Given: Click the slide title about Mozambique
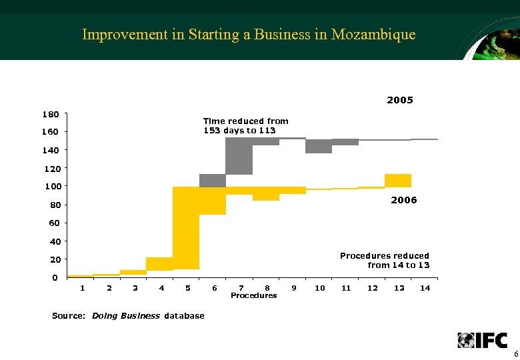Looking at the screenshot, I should (x=249, y=35).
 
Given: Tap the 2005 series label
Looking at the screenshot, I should (x=400, y=100).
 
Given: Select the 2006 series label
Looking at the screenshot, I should (x=404, y=200).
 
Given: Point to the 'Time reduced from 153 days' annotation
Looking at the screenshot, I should (x=245, y=125).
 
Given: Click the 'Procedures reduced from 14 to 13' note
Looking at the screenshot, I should (x=385, y=260).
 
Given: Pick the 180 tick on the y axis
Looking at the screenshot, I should (x=53, y=114).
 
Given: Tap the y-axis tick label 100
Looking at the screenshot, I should (x=53, y=186).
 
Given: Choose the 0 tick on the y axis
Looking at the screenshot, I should (x=55, y=277).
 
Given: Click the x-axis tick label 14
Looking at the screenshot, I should (x=425, y=288).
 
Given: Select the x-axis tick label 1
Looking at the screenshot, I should (x=82, y=288).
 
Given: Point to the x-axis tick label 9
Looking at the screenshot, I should (x=294, y=288).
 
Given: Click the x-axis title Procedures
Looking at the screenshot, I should (x=253, y=295).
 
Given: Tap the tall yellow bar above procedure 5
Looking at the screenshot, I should (x=186, y=227).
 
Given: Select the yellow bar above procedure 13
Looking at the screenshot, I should (x=397, y=180).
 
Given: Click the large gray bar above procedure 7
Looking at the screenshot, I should (x=239, y=156).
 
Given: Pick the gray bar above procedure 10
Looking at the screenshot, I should (x=319, y=146).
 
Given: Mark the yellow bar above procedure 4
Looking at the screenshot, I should (x=159, y=263).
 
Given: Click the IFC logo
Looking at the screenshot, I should (x=482, y=340).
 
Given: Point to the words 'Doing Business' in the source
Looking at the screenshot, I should (x=126, y=315).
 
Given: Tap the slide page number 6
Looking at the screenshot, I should (x=515, y=353).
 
